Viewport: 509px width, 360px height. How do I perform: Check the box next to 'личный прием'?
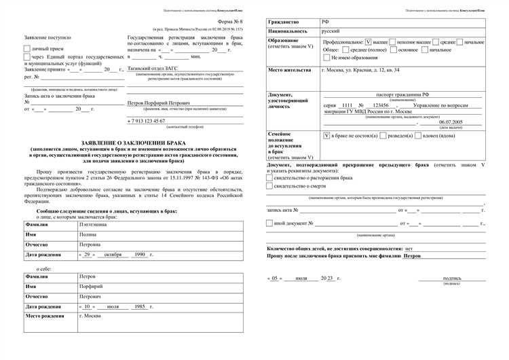point(26,49)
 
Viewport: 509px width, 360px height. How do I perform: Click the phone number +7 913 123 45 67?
point(146,120)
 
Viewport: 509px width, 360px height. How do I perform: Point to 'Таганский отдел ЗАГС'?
point(148,69)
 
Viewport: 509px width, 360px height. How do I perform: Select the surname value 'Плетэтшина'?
point(93,223)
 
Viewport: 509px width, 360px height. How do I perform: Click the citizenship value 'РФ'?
point(326,23)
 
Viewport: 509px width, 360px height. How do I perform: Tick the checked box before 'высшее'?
point(368,41)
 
